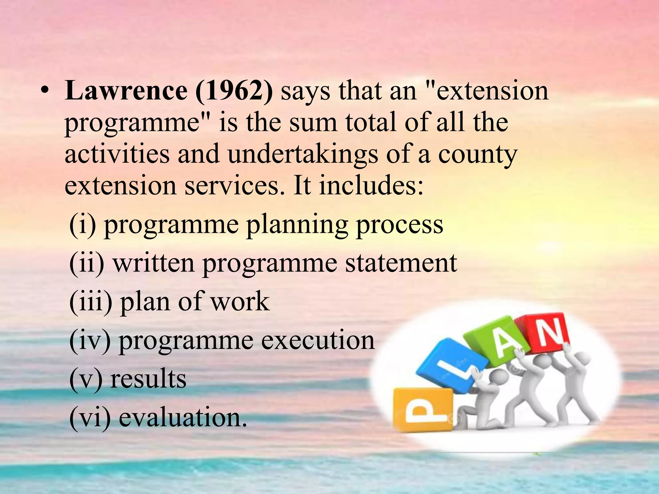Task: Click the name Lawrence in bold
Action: coord(126,91)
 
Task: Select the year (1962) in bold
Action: coord(234,91)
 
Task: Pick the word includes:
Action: coord(371,186)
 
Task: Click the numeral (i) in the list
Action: coord(82,224)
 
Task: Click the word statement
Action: coord(401,263)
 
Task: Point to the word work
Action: coord(240,302)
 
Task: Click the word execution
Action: coord(318,340)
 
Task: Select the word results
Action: coord(148,379)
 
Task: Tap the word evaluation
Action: coord(183,417)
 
